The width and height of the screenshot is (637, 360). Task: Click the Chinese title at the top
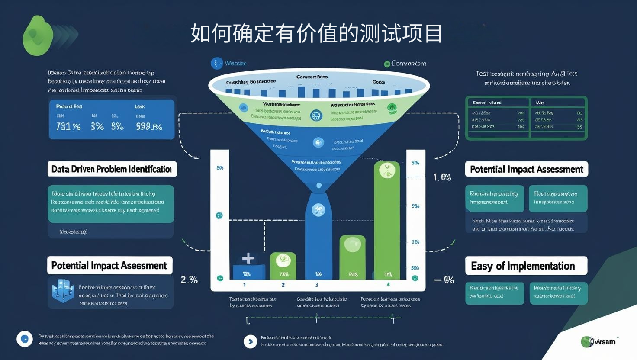point(316,33)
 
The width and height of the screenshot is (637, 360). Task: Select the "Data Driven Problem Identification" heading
point(112,169)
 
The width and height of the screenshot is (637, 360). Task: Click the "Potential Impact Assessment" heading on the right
point(526,169)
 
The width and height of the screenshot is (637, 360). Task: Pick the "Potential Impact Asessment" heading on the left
point(109,265)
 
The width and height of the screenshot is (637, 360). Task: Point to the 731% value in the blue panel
point(68,126)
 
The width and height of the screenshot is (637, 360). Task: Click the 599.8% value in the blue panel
point(149,126)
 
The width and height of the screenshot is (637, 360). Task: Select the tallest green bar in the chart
point(387,221)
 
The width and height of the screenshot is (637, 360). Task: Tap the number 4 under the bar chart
point(388,284)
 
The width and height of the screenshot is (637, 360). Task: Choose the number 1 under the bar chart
point(245,285)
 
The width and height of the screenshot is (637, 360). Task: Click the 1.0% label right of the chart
point(442,177)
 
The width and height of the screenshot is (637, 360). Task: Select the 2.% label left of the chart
point(189,280)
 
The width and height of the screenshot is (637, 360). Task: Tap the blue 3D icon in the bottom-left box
point(63,291)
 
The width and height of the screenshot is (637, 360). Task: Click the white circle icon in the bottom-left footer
point(25,339)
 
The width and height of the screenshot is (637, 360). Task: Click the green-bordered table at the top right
point(526,118)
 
